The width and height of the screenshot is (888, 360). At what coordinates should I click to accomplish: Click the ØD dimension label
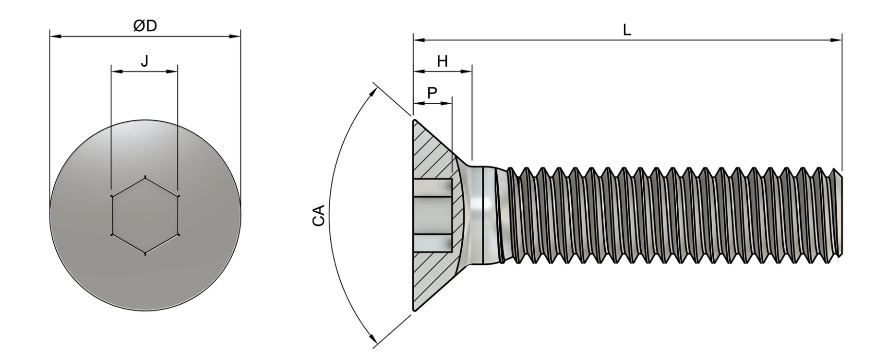145,26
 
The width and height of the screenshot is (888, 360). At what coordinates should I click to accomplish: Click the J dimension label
144,61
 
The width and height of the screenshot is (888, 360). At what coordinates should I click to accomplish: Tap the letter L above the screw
627,30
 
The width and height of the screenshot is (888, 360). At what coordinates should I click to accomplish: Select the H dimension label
442,61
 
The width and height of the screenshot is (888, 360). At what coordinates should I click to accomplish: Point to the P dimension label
432,93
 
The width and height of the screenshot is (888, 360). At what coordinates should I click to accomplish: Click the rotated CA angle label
319,215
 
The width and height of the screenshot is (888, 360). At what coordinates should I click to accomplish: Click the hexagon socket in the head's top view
145,216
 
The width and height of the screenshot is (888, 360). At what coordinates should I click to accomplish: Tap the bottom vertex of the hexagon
145,254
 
